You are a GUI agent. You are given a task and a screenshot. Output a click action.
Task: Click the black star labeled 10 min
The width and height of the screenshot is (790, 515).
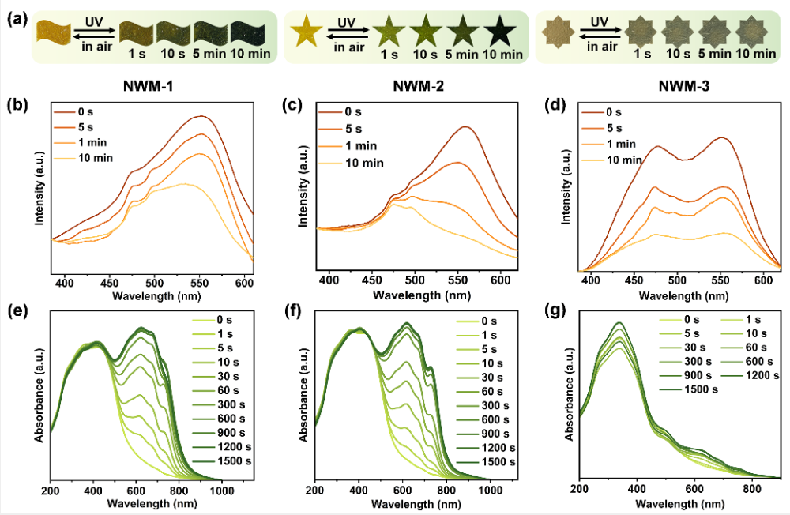point(501,31)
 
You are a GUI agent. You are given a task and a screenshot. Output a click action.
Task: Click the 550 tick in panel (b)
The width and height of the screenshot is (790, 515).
point(199,280)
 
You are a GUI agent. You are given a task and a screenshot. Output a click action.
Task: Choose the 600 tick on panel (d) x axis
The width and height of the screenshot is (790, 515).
point(764,280)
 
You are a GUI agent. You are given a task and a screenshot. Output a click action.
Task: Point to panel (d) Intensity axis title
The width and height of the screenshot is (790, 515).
point(565,190)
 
